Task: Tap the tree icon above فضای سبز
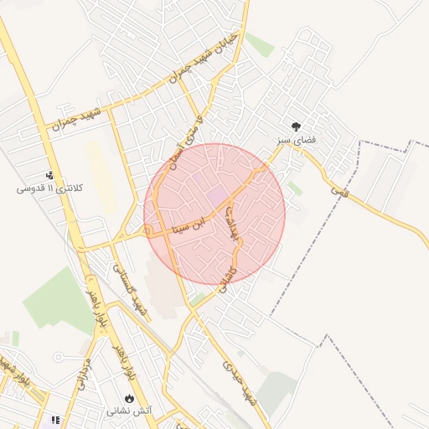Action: coord(296,126)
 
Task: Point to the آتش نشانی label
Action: coord(129,411)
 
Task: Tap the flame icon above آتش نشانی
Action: coord(129,398)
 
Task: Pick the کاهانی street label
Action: coord(227,273)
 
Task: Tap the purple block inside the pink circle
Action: coord(216,195)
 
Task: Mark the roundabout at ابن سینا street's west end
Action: coord(148,230)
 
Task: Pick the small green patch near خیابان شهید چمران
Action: coord(260,45)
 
